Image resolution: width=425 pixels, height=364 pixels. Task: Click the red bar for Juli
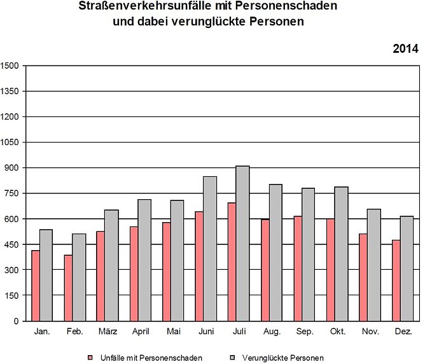(232, 262)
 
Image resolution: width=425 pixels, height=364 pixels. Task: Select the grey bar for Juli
(242, 243)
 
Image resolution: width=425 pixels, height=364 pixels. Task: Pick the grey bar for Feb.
(79, 277)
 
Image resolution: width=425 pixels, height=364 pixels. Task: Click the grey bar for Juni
(210, 248)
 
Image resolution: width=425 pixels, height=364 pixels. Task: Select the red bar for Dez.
(396, 280)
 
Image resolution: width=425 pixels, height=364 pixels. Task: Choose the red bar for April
(134, 274)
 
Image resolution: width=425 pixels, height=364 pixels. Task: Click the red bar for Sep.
(298, 269)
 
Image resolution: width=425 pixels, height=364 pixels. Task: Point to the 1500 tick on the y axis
(11, 66)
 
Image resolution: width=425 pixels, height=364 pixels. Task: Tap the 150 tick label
(13, 295)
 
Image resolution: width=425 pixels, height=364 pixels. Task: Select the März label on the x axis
(108, 332)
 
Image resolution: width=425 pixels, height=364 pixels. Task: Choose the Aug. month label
(272, 332)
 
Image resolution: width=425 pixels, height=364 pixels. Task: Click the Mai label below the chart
(173, 332)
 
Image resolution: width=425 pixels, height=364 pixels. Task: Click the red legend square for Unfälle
(90, 358)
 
